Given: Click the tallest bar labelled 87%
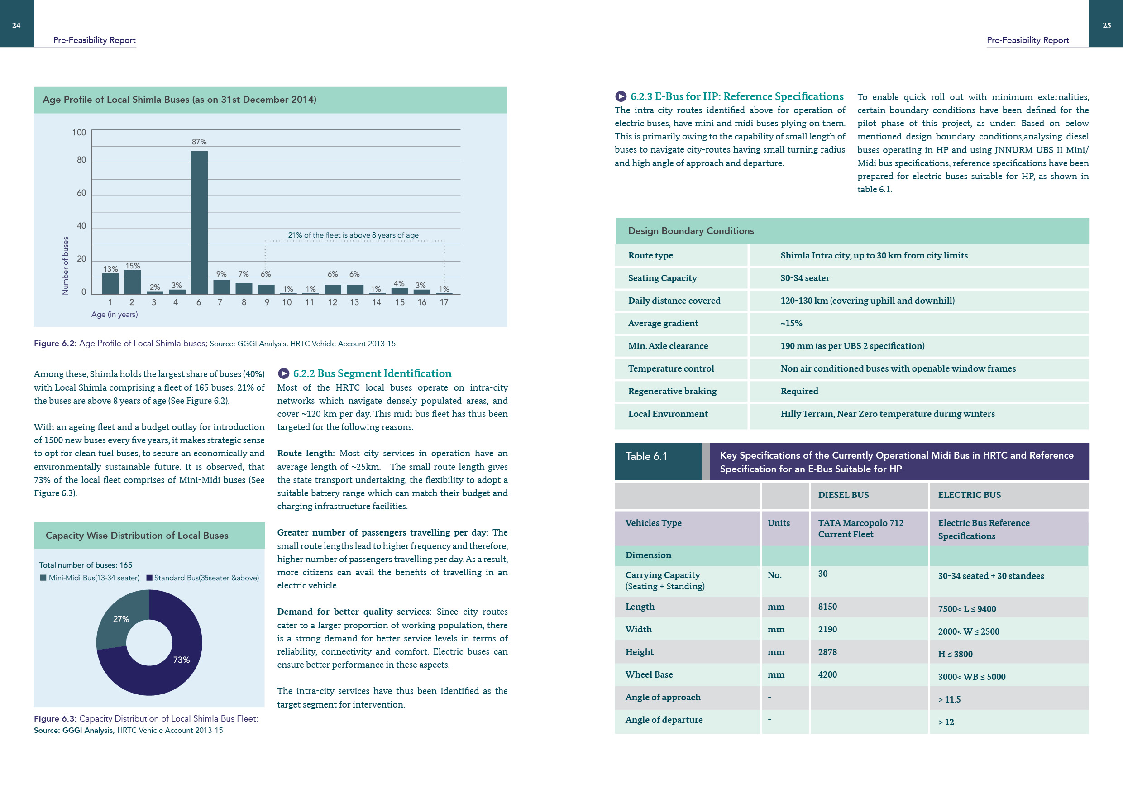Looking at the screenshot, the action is click(x=199, y=223).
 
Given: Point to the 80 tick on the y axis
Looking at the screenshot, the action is click(x=81, y=160).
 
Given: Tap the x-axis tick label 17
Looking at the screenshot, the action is click(x=444, y=302).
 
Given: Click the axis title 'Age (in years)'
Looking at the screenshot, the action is click(x=115, y=315).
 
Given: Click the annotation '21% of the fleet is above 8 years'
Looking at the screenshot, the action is click(x=353, y=235).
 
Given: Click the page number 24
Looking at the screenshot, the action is click(x=16, y=25).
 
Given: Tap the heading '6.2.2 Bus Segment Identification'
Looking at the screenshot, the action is click(x=372, y=374).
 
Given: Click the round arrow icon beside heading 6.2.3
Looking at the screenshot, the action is click(x=621, y=96).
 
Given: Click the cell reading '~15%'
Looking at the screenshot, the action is click(x=791, y=323).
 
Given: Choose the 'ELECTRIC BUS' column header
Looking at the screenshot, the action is click(x=969, y=495).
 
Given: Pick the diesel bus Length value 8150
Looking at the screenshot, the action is click(x=827, y=607).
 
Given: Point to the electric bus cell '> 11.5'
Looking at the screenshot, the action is click(x=949, y=699).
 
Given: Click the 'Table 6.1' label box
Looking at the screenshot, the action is click(x=658, y=461).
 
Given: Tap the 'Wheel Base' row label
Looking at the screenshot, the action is click(x=649, y=674).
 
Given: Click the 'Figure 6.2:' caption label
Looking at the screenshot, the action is click(x=55, y=344).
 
